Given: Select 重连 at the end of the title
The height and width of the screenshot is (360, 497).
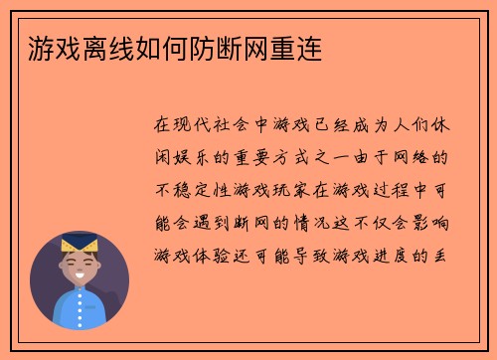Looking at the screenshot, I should [294, 47].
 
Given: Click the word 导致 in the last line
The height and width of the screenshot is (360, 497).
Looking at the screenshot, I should [322, 255].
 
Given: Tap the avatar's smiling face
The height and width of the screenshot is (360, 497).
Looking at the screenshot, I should [79, 265].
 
